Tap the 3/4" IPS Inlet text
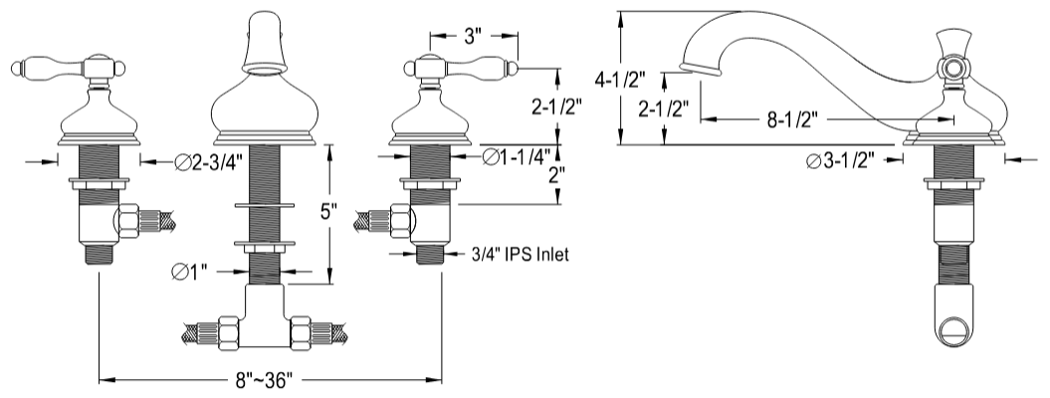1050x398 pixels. click(x=520, y=255)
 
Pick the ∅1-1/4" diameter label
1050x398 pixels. click(x=520, y=156)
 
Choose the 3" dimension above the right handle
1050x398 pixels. click(x=473, y=38)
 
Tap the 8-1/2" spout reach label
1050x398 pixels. click(x=792, y=120)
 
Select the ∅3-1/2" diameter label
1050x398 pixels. click(x=848, y=162)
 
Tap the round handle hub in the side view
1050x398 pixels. click(x=953, y=69)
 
